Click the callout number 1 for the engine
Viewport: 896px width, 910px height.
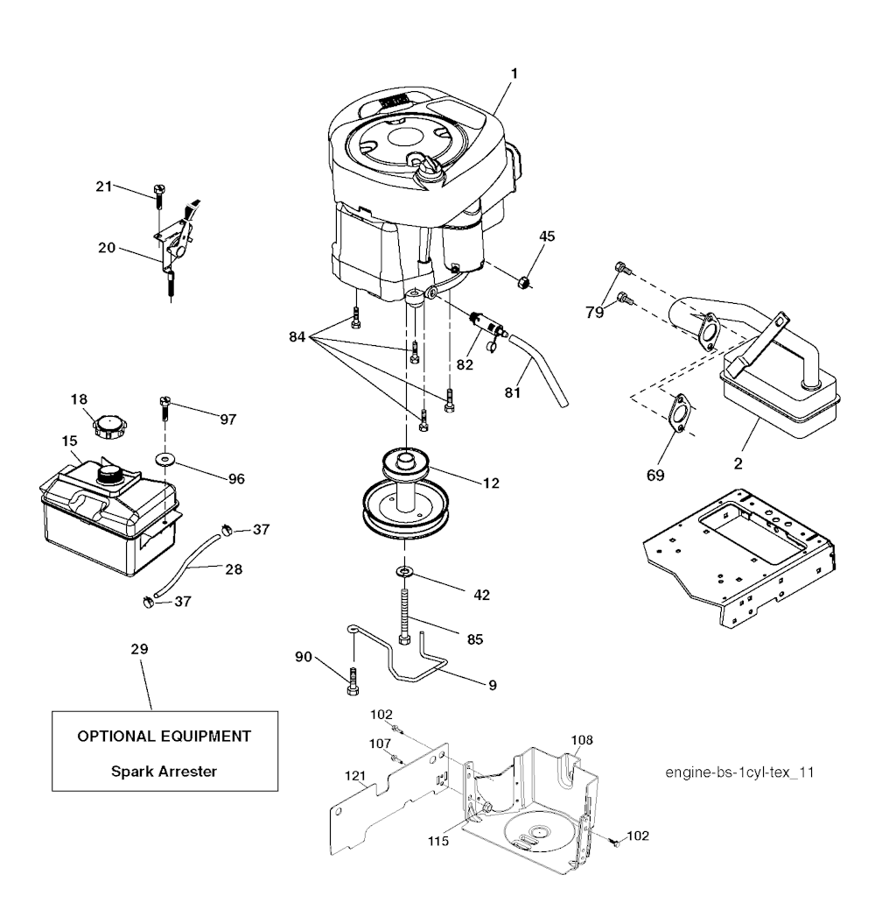click(x=514, y=74)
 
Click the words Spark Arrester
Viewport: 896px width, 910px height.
click(x=164, y=772)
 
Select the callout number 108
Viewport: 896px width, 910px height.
click(x=582, y=740)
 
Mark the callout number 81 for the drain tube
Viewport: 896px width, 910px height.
click(x=513, y=394)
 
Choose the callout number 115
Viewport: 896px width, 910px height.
click(x=439, y=842)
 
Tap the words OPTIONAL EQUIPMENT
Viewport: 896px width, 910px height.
click(x=164, y=736)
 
